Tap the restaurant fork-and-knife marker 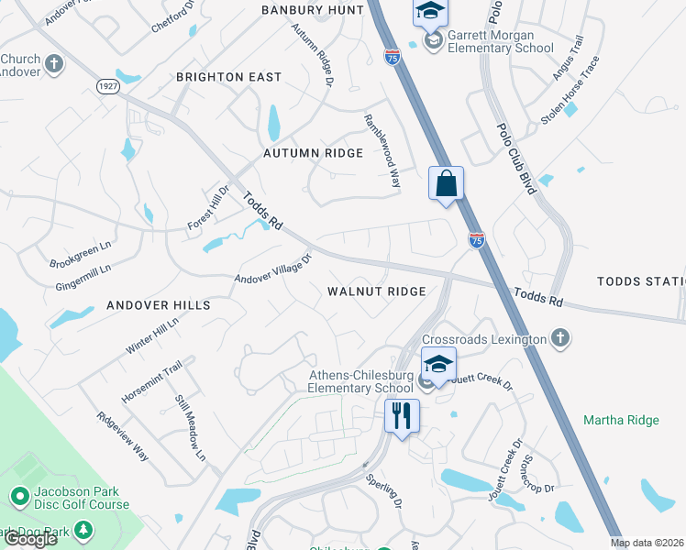point(402,416)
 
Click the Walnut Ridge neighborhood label point(377,291)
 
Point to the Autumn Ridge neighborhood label point(313,153)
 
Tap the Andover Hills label point(158,305)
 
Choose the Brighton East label point(228,77)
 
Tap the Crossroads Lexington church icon point(559,339)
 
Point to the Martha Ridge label point(621,420)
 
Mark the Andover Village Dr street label point(273,268)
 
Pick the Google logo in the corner point(30,539)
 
